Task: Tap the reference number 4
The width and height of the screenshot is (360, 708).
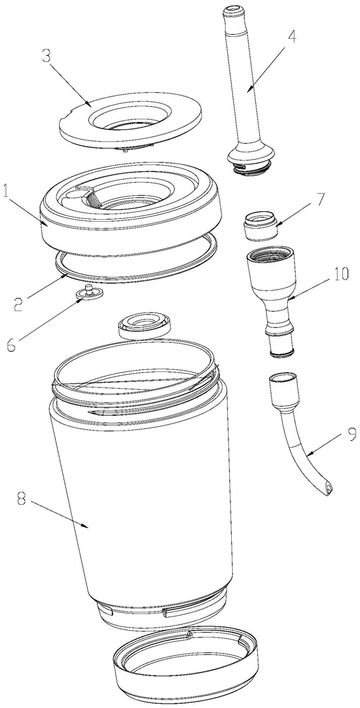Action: (x=292, y=36)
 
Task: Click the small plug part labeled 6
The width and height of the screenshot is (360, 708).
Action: (x=88, y=292)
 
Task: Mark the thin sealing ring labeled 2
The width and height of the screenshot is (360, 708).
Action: (x=136, y=258)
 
